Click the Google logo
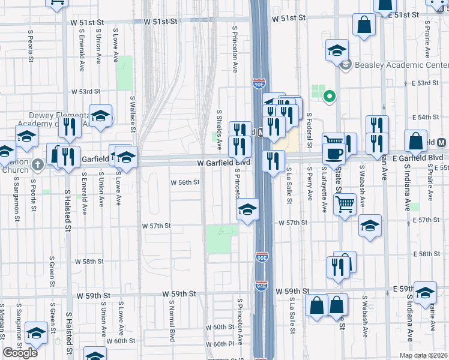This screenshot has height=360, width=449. [x=20, y=353]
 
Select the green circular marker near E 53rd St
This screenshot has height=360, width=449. [x=329, y=95]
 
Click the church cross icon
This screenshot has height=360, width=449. [x=38, y=164]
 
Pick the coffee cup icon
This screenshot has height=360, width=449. [x=334, y=154]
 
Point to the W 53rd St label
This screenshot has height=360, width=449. [x=85, y=92]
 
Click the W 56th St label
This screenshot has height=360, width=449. [x=185, y=182]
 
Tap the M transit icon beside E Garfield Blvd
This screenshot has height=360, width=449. [x=442, y=143]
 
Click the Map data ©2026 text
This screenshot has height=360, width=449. [x=424, y=355]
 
